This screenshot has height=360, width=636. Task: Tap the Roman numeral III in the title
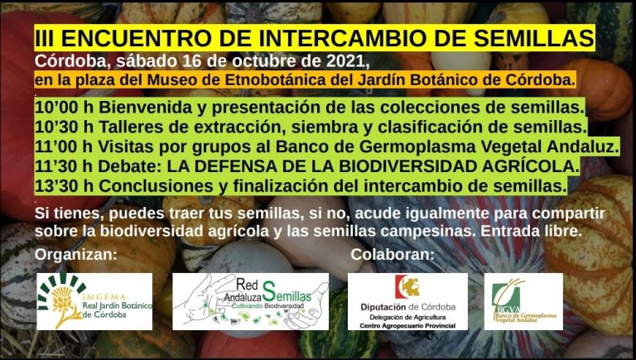coord(45,38)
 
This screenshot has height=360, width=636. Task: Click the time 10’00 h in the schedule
coord(64,108)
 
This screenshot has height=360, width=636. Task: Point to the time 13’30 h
coord(64,186)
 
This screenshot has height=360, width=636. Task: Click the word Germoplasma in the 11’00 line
coord(417,147)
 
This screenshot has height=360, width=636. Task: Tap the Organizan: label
coord(76,255)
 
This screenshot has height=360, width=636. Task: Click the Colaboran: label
coord(393,255)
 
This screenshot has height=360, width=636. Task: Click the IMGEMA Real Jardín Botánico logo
coord(94,301)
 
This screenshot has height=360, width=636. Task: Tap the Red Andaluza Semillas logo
coord(251,301)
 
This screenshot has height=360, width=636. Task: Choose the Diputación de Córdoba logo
coord(407,301)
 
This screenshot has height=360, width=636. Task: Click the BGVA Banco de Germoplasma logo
coord(523,301)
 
